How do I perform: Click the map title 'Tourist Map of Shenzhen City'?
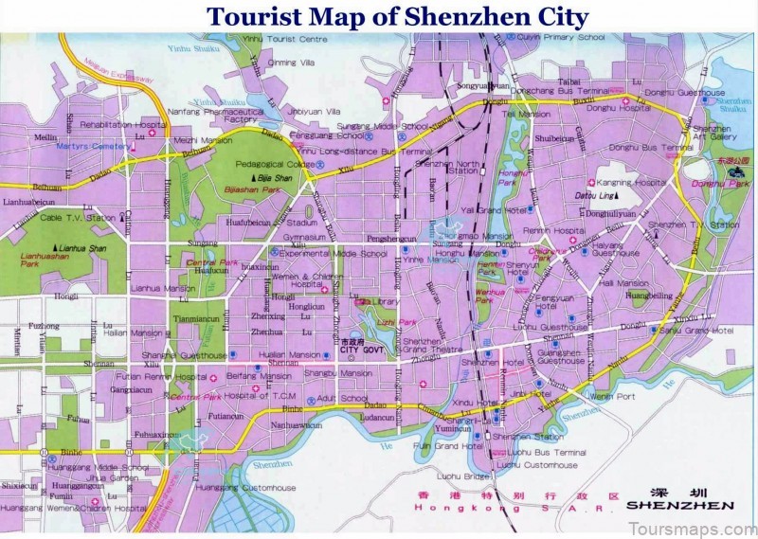point(398,16)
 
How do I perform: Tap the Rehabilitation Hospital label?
point(116,124)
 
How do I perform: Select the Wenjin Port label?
point(612,396)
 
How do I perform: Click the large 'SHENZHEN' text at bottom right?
point(680,506)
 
